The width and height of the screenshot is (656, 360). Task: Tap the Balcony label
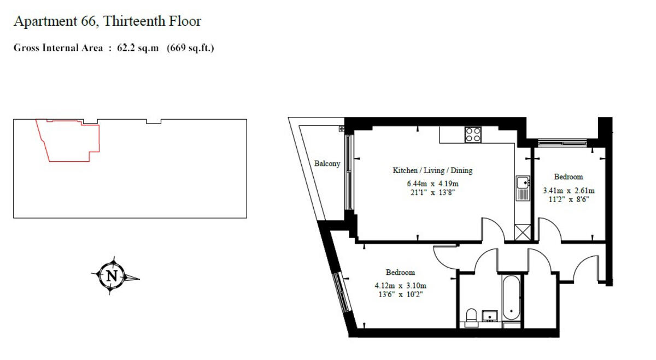327,163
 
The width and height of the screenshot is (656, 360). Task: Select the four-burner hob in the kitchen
473,135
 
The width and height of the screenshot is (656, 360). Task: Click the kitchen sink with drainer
523,188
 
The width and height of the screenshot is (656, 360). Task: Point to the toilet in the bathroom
471,317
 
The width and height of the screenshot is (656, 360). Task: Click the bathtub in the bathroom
511,298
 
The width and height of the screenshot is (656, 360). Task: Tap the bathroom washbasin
490,316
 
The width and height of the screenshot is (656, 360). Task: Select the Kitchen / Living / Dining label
432,170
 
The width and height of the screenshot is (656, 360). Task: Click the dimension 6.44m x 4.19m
432,184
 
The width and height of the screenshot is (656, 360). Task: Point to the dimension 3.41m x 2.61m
569,191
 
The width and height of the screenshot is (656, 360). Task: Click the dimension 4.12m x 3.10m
400,286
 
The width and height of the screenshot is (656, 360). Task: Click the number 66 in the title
88,21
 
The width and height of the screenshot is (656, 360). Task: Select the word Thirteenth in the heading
134,21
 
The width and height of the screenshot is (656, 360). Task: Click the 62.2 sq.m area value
138,48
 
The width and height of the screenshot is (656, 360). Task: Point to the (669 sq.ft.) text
190,48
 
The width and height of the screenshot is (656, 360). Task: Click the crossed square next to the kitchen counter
523,232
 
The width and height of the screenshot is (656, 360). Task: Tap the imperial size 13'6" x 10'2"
401,294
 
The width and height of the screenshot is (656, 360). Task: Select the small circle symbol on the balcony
342,129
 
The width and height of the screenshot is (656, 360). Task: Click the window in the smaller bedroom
563,143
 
